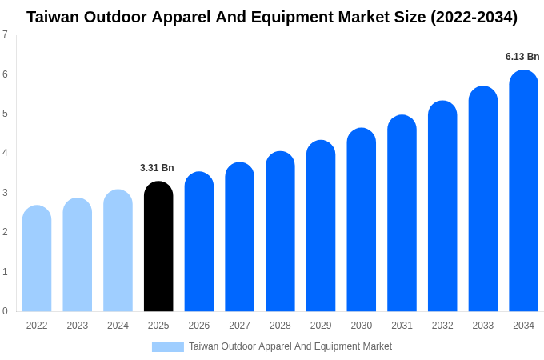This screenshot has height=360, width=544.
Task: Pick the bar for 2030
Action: pyautogui.click(x=361, y=220)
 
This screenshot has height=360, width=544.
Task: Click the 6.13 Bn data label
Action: pyautogui.click(x=522, y=57)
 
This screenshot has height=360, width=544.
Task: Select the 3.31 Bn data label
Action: pyautogui.click(x=157, y=168)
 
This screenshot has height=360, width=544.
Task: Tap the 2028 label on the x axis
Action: pyautogui.click(x=280, y=326)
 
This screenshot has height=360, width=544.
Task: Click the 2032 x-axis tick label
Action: pyautogui.click(x=442, y=326)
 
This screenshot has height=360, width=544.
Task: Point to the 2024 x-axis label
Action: pyautogui.click(x=118, y=326)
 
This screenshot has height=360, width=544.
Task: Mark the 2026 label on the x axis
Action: pyautogui.click(x=199, y=326)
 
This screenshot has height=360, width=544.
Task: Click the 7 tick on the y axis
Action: pyautogui.click(x=5, y=34)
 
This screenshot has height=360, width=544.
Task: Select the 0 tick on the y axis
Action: pyautogui.click(x=5, y=311)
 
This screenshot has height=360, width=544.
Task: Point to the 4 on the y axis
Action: pyautogui.click(x=5, y=153)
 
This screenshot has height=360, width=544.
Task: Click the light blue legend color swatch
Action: pyautogui.click(x=167, y=347)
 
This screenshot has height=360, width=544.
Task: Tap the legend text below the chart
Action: pyautogui.click(x=290, y=346)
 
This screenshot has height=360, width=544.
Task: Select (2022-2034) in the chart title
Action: pyautogui.click(x=474, y=17)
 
